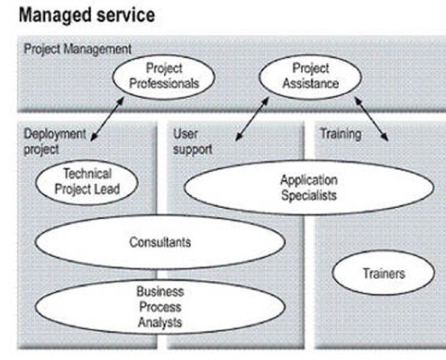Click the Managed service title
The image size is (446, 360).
pyautogui.click(x=86, y=15)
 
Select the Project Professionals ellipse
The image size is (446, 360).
pyautogui.click(x=164, y=76)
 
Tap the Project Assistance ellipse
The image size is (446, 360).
pyautogui.click(x=310, y=76)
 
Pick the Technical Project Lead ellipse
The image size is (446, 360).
pyautogui.click(x=86, y=182)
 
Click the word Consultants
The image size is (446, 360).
pyautogui.click(x=160, y=242)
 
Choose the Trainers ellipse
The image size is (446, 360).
pyautogui.click(x=384, y=273)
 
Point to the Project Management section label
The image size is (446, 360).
pyautogui.click(x=77, y=49)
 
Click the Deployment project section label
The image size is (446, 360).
pyautogui.click(x=55, y=141)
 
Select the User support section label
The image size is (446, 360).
pyautogui.click(x=193, y=141)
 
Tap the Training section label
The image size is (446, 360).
pyautogui.click(x=341, y=134)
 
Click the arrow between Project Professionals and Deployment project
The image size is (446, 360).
pyautogui.click(x=107, y=119)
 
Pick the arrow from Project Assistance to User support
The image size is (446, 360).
pyautogui.click(x=252, y=119)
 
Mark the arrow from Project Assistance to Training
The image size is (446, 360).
pyautogui.click(x=371, y=119)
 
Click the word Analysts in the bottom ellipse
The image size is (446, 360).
pyautogui.click(x=160, y=322)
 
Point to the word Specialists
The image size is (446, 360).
pyautogui.click(x=309, y=195)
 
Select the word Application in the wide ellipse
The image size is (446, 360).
pyautogui.click(x=309, y=180)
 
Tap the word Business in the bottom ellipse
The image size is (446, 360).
pyautogui.click(x=160, y=292)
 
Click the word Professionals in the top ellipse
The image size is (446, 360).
pyautogui.click(x=164, y=84)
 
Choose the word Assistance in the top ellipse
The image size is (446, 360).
pyautogui.click(x=311, y=84)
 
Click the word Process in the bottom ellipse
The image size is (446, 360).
pyautogui.click(x=160, y=307)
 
